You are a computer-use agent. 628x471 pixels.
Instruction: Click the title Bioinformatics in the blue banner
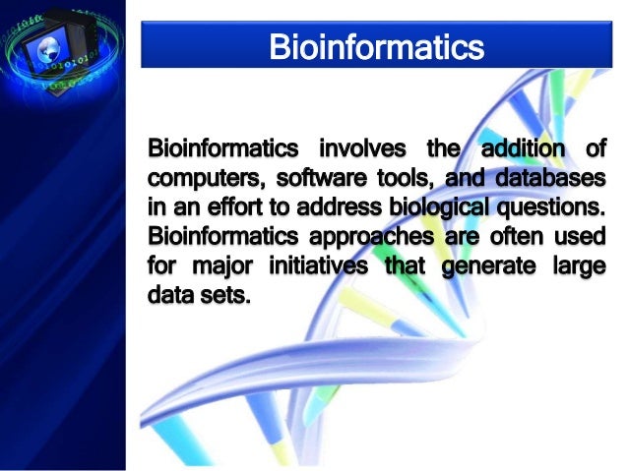(x=377, y=46)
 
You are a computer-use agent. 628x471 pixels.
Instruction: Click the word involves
(x=360, y=150)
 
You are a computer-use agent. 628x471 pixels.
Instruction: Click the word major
(x=217, y=265)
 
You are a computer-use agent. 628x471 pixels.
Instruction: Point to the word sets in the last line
(x=223, y=294)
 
